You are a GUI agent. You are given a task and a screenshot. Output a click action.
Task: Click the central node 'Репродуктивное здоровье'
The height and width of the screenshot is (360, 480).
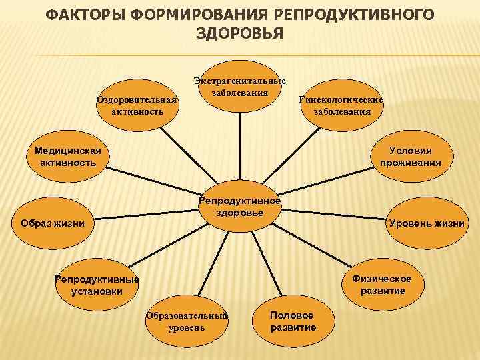coord(240,207)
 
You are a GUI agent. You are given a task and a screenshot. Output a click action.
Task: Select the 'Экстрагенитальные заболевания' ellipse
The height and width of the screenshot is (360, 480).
coord(239,87)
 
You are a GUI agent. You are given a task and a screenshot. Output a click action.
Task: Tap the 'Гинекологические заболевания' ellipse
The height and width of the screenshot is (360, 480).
coord(341,106)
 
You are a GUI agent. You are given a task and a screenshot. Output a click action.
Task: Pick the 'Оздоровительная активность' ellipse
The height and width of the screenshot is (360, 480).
coord(137,106)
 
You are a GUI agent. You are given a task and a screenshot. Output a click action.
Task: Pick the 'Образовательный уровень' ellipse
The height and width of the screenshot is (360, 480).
coord(187,321)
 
